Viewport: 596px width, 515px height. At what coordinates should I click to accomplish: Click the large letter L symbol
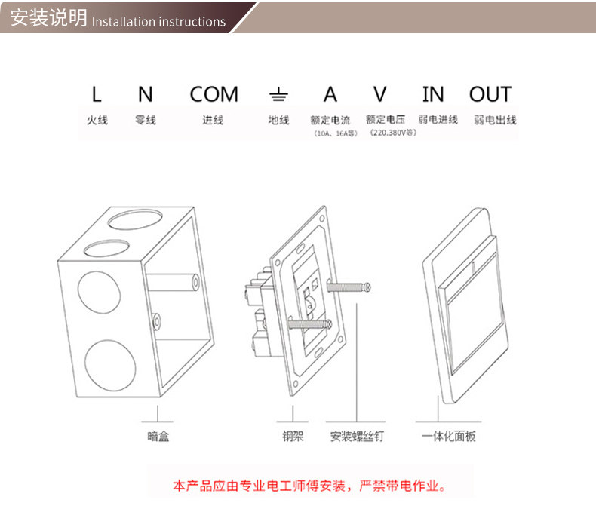pyautogui.click(x=96, y=95)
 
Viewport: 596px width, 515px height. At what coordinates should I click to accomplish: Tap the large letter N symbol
pyautogui.click(x=145, y=95)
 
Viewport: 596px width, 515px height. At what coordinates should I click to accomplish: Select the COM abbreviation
pyautogui.click(x=214, y=95)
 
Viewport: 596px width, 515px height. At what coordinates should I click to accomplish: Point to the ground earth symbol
pyautogui.click(x=278, y=95)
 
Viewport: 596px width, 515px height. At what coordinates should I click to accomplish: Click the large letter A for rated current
pyautogui.click(x=330, y=95)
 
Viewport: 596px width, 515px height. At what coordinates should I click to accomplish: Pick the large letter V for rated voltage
pyautogui.click(x=379, y=95)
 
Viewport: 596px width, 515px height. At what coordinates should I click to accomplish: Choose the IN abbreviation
pyautogui.click(x=433, y=95)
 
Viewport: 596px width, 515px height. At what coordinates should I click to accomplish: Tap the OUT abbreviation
pyautogui.click(x=490, y=95)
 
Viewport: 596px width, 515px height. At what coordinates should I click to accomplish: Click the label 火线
pyautogui.click(x=97, y=120)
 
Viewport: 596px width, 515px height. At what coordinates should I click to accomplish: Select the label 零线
pyautogui.click(x=146, y=120)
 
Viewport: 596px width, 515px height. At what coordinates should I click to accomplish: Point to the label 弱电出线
pyautogui.click(x=495, y=120)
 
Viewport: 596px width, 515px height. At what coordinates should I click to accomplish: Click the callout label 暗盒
pyautogui.click(x=158, y=436)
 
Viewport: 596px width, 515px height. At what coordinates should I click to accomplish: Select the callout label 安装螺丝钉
pyautogui.click(x=357, y=436)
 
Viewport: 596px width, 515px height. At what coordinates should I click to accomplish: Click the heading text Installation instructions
pyautogui.click(x=158, y=22)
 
